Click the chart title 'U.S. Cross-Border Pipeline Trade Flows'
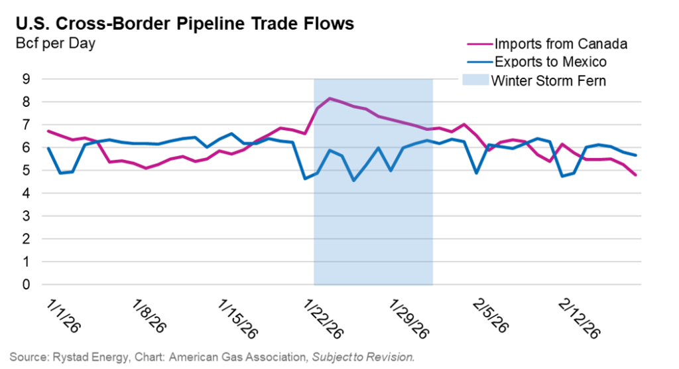(x=184, y=24)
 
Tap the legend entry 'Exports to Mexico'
(x=550, y=62)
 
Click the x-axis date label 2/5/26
(x=491, y=311)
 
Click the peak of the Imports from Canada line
(x=330, y=98)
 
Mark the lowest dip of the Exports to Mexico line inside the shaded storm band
(x=353, y=181)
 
